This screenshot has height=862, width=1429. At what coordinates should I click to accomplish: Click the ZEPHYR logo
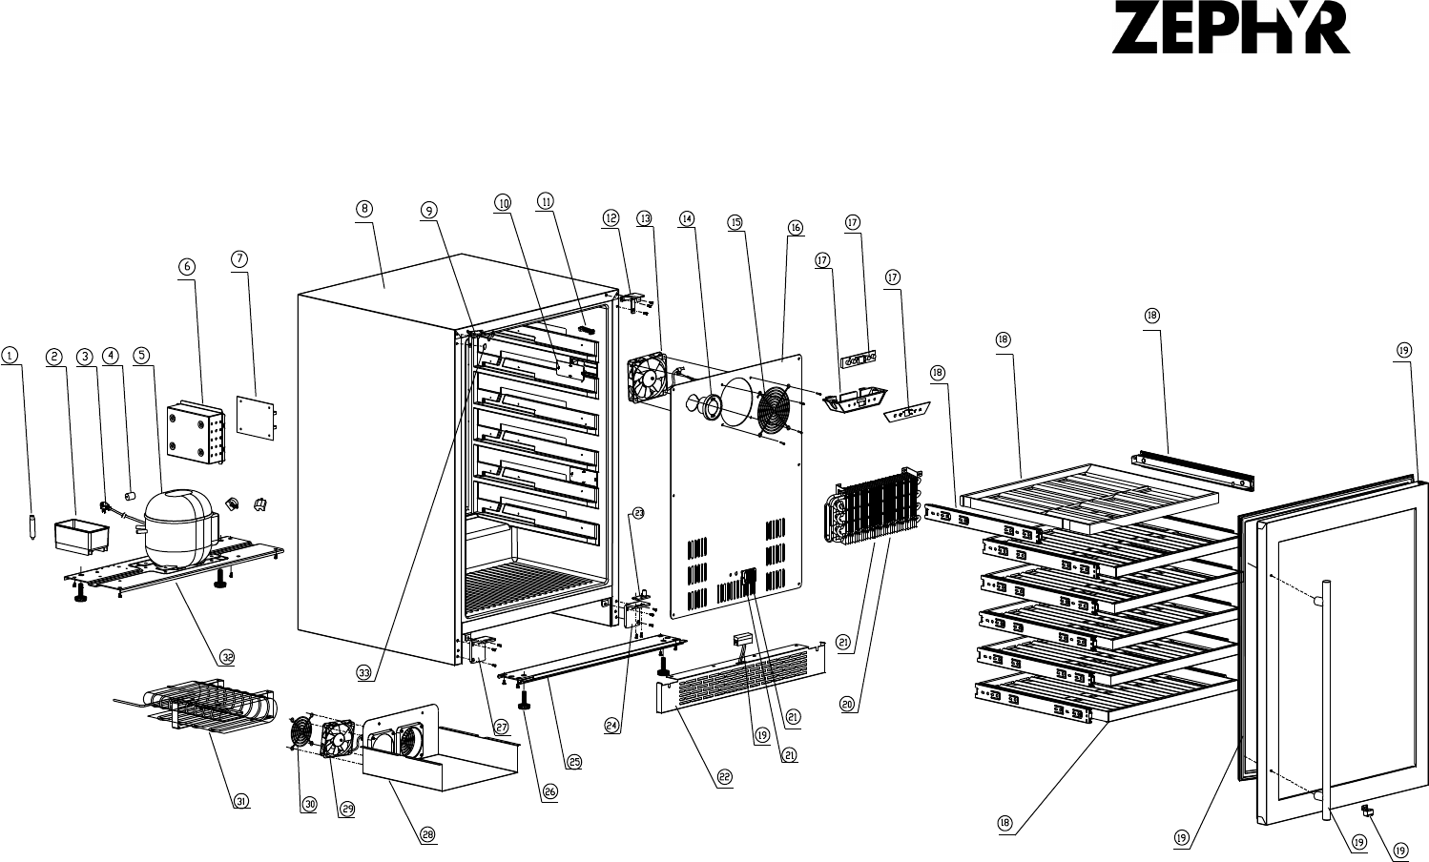pyautogui.click(x=1231, y=32)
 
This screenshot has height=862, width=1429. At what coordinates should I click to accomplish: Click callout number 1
pyautogui.click(x=10, y=356)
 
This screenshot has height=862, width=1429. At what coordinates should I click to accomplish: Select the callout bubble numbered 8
pyautogui.click(x=364, y=209)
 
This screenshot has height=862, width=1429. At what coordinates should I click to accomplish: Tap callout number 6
pyautogui.click(x=188, y=267)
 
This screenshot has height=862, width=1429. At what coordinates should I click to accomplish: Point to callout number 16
pyautogui.click(x=796, y=227)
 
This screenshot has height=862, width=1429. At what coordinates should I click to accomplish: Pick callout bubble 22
pyautogui.click(x=725, y=777)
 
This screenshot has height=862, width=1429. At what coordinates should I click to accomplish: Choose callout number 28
pyautogui.click(x=427, y=834)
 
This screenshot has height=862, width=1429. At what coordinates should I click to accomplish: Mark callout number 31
pyautogui.click(x=241, y=801)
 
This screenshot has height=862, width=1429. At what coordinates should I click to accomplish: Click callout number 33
pyautogui.click(x=363, y=673)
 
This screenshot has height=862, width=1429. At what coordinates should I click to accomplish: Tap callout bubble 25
pyautogui.click(x=574, y=761)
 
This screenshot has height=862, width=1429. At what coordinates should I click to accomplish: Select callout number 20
pyautogui.click(x=846, y=704)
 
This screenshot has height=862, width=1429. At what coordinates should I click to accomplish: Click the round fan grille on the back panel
pyautogui.click(x=772, y=410)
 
